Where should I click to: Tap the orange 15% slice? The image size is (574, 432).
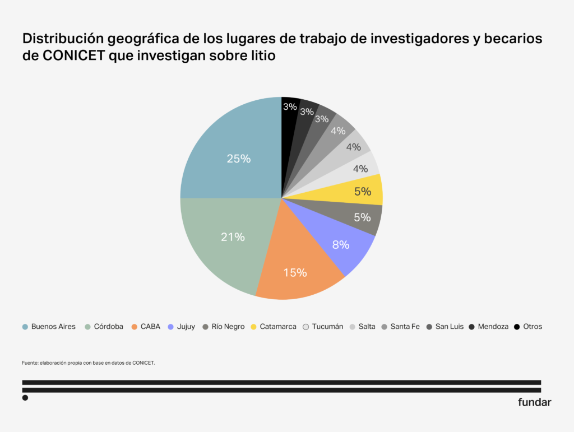pos(294,273)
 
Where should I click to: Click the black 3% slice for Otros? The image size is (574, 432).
pos(290,106)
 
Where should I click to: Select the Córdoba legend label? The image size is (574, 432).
pos(108,327)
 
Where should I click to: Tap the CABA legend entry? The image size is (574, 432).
pos(150,327)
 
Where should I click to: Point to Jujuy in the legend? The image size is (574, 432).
pos(186,327)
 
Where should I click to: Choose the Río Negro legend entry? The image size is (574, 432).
pos(228,327)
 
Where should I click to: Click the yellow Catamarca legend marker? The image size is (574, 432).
pos(254,327)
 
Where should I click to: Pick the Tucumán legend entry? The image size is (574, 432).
pos(327,327)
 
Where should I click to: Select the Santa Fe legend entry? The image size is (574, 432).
pos(405,327)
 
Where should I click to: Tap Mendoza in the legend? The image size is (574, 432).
pos(493,327)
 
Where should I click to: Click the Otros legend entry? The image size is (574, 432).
pos(532,327)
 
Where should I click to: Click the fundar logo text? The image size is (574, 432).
pos(534,402)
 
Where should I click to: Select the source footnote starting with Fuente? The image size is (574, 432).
pos(88,363)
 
